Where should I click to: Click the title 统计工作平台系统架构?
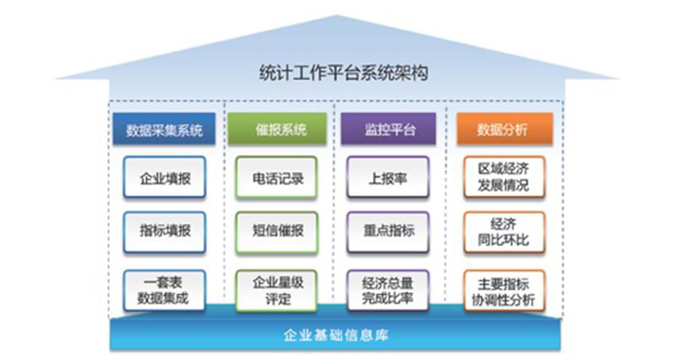coord(344,73)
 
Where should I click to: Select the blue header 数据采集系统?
coord(164,129)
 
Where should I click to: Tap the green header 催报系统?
coord(277,129)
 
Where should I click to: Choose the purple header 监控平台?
coord(388,129)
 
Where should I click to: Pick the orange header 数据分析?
coord(505,129)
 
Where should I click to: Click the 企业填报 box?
coord(164,177)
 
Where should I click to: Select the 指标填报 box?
coord(164,232)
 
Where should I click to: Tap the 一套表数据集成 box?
coord(164,290)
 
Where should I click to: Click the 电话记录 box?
coord(276,177)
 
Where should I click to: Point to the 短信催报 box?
coord(277,232)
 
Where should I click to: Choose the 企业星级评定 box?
coord(276,290)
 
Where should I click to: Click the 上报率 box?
coord(388,177)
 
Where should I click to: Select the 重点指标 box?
coord(388,232)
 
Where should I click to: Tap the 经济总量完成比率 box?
coord(388,290)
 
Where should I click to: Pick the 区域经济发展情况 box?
coord(505,177)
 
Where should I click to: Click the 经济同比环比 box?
coord(505,232)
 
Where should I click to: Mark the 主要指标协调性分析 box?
coord(505,290)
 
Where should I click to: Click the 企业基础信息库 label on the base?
coord(336,335)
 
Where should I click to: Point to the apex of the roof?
coord(337,15)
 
